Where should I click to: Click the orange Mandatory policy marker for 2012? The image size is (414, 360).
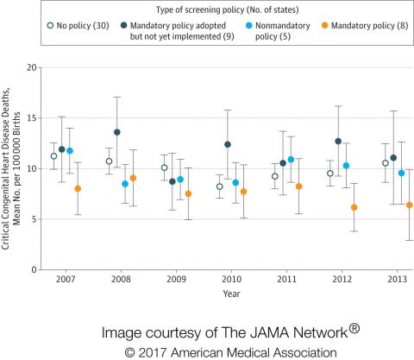(x=354, y=207)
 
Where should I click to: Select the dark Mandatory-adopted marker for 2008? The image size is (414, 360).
(x=117, y=132)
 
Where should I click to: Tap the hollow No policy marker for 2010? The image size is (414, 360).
(x=220, y=186)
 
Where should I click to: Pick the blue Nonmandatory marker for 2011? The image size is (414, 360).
(x=291, y=160)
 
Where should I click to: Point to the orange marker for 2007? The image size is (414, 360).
(x=78, y=189)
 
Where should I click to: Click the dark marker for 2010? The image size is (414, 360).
(x=228, y=144)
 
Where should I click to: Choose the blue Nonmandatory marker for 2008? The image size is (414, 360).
(x=125, y=184)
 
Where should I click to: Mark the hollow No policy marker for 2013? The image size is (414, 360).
(x=386, y=163)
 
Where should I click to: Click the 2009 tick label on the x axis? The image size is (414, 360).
(x=176, y=279)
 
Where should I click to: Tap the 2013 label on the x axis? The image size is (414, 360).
(x=398, y=279)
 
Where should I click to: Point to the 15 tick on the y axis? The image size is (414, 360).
(x=32, y=118)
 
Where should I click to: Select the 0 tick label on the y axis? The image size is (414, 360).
(x=34, y=270)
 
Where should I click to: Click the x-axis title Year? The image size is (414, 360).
(x=231, y=294)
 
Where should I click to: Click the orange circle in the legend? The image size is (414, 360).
(x=325, y=26)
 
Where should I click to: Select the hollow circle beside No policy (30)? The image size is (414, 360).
(x=50, y=26)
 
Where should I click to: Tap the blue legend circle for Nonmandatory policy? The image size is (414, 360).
(x=249, y=26)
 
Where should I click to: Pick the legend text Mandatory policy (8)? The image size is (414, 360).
(x=370, y=26)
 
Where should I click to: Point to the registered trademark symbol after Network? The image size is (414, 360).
(x=354, y=328)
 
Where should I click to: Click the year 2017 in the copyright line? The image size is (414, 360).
(x=153, y=353)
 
